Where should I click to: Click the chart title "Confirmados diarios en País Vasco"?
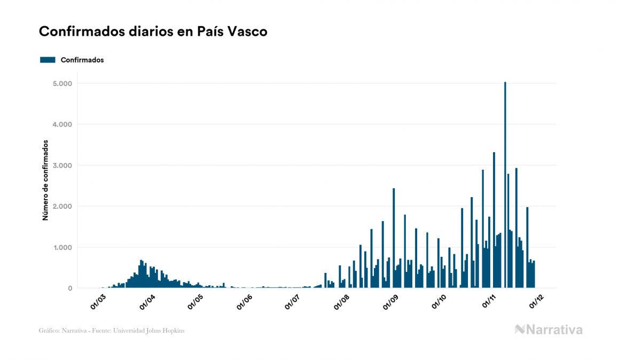[x=153, y=32]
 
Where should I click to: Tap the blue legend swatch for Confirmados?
[x=48, y=60]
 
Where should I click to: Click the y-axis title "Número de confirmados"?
[x=46, y=181]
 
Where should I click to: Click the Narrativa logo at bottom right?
[x=549, y=330]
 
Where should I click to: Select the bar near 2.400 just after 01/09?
[x=394, y=238]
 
